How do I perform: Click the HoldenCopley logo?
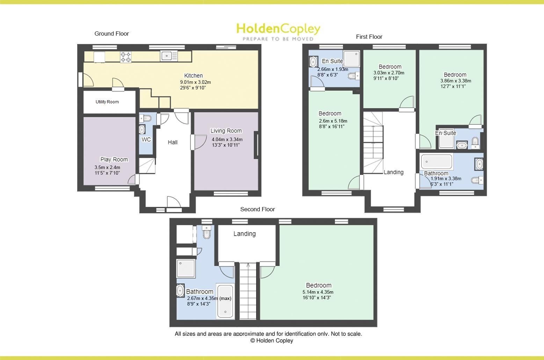[x=278, y=31]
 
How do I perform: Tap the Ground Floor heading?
[x=111, y=34]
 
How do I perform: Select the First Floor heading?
[x=369, y=37]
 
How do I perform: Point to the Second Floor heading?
[x=258, y=209]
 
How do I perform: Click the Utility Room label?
[x=107, y=102]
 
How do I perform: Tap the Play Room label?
[x=114, y=160]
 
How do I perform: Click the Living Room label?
[x=226, y=131]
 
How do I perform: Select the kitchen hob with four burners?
[x=126, y=57]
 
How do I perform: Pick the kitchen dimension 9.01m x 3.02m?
[x=195, y=82]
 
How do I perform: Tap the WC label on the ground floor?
[x=146, y=140]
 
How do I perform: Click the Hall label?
[x=173, y=142]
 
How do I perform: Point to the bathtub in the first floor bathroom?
[x=437, y=162]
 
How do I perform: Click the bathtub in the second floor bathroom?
[x=225, y=301]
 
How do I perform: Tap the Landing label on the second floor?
[x=245, y=234]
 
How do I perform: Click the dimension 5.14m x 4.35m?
[x=318, y=292]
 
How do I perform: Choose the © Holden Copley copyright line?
[x=271, y=341]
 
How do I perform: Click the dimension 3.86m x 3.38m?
[x=456, y=81]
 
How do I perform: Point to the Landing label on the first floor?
[x=393, y=172]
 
